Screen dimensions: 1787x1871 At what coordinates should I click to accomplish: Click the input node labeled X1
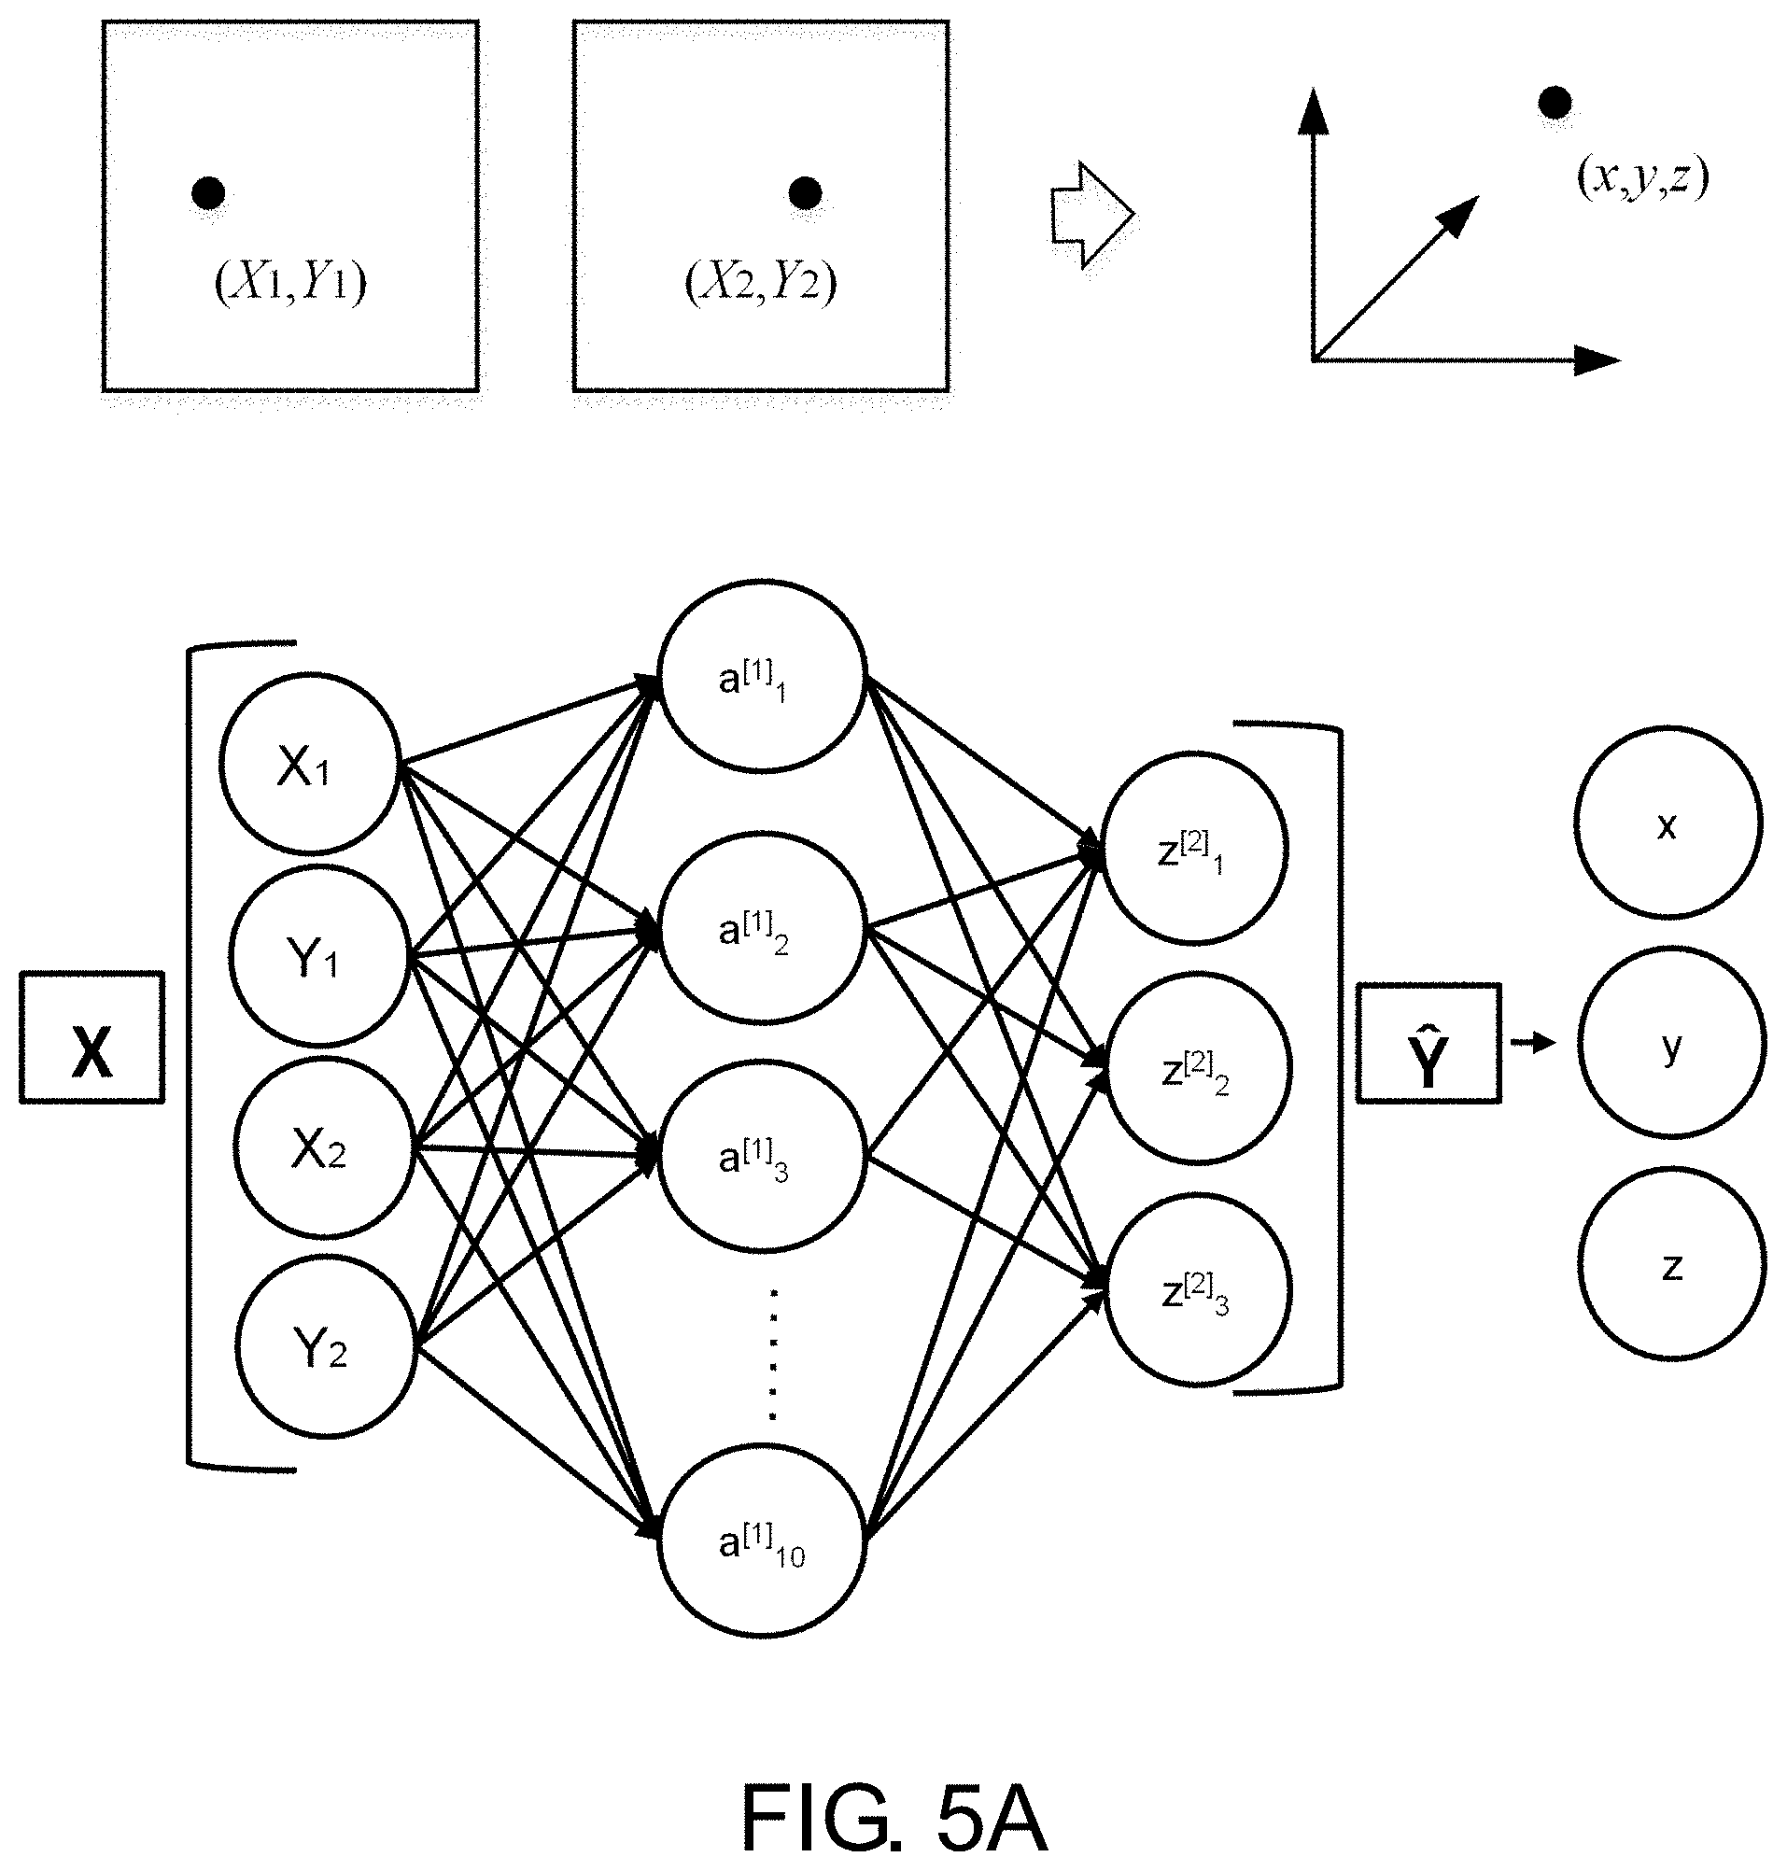tap(309, 763)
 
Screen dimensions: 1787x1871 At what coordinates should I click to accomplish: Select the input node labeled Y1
tap(319, 955)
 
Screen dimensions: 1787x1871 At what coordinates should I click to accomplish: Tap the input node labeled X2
tap(324, 1150)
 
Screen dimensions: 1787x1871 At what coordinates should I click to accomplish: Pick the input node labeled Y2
tap(326, 1345)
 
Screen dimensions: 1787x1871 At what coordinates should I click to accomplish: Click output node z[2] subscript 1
tap(1195, 848)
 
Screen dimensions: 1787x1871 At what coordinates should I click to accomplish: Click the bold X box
tap(92, 1037)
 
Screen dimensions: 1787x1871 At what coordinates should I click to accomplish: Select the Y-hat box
tap(1428, 1043)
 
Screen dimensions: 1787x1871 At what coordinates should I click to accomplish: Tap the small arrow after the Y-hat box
tap(1533, 1044)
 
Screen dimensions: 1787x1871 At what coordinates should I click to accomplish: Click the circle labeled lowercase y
tap(1671, 1045)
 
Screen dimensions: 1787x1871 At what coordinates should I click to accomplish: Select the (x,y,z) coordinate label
tap(1642, 178)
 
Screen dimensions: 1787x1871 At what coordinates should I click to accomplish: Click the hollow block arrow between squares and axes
tap(1091, 216)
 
